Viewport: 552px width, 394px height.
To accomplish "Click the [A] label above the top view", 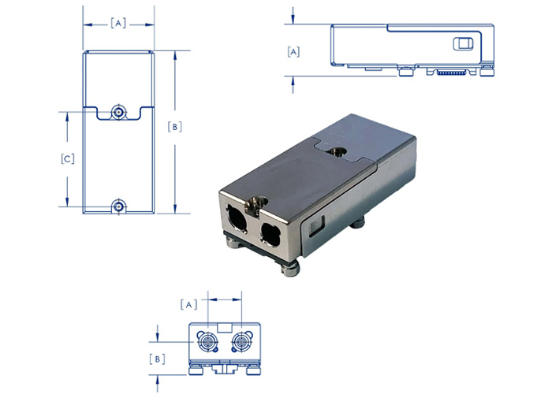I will [118, 24].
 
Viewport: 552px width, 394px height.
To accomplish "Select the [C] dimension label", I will [68, 159].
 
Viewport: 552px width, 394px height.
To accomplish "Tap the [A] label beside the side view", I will [293, 52].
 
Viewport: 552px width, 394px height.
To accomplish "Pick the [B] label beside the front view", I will [158, 359].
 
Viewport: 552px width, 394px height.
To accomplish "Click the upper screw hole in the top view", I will [118, 112].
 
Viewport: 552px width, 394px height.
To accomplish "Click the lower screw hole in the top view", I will [118, 206].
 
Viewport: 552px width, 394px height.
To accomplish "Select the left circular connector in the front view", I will [207, 344].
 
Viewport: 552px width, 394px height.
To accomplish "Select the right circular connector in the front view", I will [240, 344].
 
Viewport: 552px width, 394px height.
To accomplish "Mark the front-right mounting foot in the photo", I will [289, 270].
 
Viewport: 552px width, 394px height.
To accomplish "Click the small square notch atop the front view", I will [223, 325].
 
